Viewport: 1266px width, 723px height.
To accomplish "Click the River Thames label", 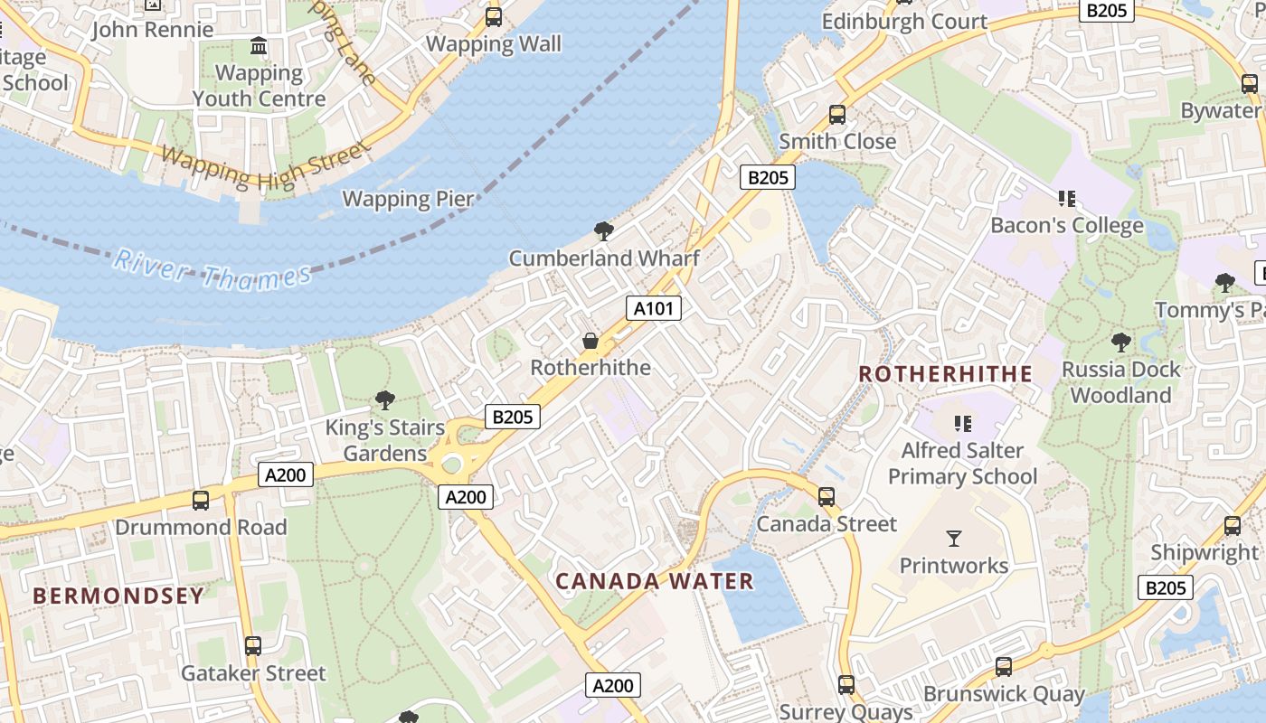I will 213,270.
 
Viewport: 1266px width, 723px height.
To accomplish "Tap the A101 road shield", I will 653,308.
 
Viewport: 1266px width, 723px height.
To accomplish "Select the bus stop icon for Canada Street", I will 826,497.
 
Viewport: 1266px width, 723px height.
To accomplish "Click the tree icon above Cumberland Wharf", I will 604,231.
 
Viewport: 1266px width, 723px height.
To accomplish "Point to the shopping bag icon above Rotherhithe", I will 590,341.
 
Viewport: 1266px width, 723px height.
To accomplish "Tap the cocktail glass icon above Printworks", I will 954,539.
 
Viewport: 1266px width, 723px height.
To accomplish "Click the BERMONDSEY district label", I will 118,596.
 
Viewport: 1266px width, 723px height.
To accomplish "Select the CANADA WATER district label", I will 655,581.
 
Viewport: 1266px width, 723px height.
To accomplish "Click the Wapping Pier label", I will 408,199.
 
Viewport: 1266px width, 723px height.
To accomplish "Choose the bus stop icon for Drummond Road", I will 201,500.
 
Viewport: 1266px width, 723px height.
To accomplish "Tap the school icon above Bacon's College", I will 1067,198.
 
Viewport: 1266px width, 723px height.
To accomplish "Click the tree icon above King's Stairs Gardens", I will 385,400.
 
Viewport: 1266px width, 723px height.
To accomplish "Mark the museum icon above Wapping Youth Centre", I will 259,45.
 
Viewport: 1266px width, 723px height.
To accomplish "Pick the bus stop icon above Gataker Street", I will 253,646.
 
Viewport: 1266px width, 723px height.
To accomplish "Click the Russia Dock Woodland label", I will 1120,382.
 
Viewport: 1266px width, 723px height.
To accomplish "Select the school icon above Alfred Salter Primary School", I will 963,423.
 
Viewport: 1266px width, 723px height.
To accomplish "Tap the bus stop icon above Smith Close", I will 837,115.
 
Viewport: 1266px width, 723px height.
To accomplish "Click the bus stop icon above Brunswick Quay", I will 1003,667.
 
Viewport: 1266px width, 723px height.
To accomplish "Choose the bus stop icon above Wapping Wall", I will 494,16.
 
